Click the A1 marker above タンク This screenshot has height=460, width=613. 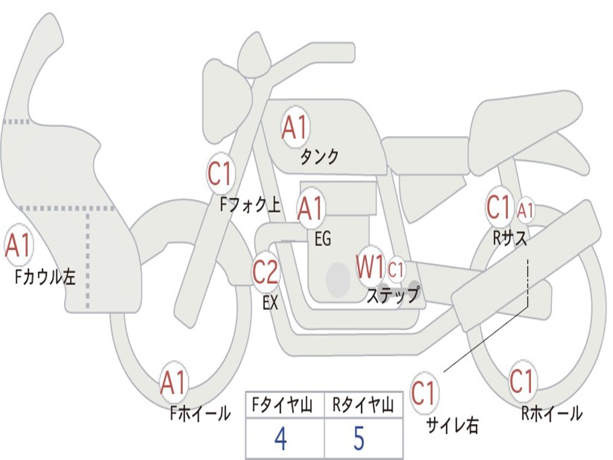coord(295,127)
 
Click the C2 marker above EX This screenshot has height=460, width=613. coord(265,273)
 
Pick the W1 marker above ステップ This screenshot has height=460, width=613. coord(370,267)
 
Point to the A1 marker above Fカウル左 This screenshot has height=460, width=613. coord(17,246)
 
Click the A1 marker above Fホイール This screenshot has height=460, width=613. coord(173,383)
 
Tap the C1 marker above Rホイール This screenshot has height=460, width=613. coord(521,382)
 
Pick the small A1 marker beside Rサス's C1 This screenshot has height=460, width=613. coord(525,210)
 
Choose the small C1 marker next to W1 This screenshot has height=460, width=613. coord(396,269)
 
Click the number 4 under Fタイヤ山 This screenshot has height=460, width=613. coord(280,439)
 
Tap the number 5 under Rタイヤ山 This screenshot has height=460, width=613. coord(359,439)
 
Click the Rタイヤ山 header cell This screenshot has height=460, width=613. coord(363,407)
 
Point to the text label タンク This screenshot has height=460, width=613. coord(319,157)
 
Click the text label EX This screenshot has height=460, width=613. coord(271,303)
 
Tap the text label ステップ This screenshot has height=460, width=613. coord(393,295)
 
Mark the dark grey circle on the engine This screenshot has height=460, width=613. coord(338,279)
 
